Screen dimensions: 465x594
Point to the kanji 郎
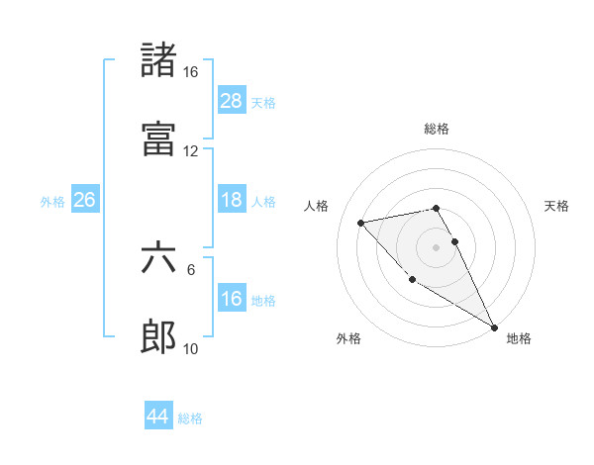158,337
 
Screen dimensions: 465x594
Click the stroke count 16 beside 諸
190,72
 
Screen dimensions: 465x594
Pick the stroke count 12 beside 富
190,151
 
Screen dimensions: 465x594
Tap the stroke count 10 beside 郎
191,349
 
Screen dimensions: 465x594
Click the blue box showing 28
232,101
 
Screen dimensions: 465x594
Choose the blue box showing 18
232,200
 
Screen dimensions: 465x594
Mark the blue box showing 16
232,299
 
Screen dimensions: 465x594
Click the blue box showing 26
84,200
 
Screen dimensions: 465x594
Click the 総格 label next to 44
190,418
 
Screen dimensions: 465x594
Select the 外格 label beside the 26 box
52,202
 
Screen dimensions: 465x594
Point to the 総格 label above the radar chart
437,129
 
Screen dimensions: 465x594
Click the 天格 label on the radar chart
557,206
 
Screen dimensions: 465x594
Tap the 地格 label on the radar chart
519,339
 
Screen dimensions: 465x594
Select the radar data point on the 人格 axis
361,223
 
